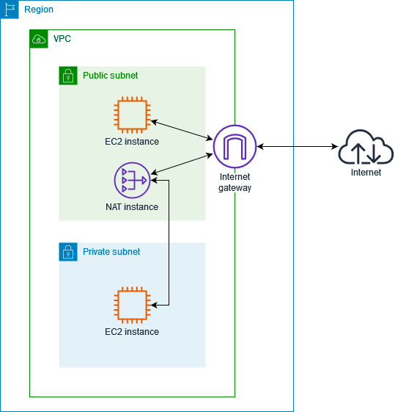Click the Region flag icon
point(10,10)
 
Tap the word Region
point(39,10)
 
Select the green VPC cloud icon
point(39,39)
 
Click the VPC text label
point(62,38)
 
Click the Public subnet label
point(110,76)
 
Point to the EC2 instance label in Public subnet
point(132,142)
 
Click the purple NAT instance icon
point(132,181)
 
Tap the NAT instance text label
point(132,207)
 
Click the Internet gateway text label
point(235,182)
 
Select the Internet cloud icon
point(366,147)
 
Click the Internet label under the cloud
point(366,173)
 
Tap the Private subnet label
point(111,252)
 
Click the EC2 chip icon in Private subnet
point(132,305)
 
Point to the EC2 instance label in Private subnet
point(132,332)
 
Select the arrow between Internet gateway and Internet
point(297,146)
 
